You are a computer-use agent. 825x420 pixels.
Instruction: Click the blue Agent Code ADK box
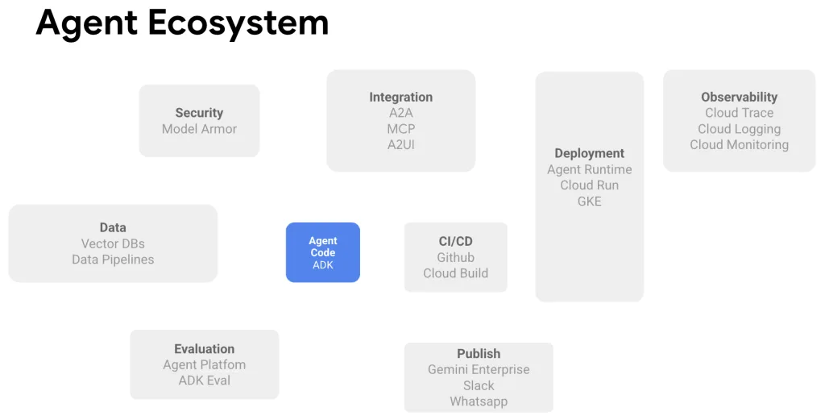[x=322, y=252]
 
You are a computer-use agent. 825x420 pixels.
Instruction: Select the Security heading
[x=199, y=113]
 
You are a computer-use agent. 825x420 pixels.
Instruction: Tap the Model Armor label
[x=199, y=129]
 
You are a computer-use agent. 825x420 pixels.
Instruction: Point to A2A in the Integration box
[x=400, y=113]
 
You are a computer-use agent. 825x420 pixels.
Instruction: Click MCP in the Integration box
[x=400, y=129]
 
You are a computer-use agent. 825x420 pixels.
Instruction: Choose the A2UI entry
[x=400, y=145]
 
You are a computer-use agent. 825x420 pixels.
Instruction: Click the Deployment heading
[x=589, y=153]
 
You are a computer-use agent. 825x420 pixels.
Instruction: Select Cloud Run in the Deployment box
[x=589, y=185]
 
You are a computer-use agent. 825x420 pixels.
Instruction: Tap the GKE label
[x=589, y=202]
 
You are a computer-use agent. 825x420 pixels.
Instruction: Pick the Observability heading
[x=739, y=97]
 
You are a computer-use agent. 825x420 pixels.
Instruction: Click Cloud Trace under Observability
[x=739, y=113]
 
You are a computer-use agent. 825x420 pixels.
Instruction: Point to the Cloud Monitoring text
[x=739, y=145]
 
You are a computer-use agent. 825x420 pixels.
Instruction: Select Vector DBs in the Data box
[x=113, y=243]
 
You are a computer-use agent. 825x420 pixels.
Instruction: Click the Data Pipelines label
[x=113, y=260]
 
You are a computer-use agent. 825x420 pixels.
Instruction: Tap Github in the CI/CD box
[x=455, y=257]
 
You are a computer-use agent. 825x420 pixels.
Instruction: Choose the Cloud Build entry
[x=455, y=273]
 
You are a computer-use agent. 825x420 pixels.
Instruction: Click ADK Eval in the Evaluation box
[x=204, y=380]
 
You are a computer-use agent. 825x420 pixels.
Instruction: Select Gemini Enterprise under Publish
[x=479, y=369]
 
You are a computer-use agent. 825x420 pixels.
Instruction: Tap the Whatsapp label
[x=479, y=401]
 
